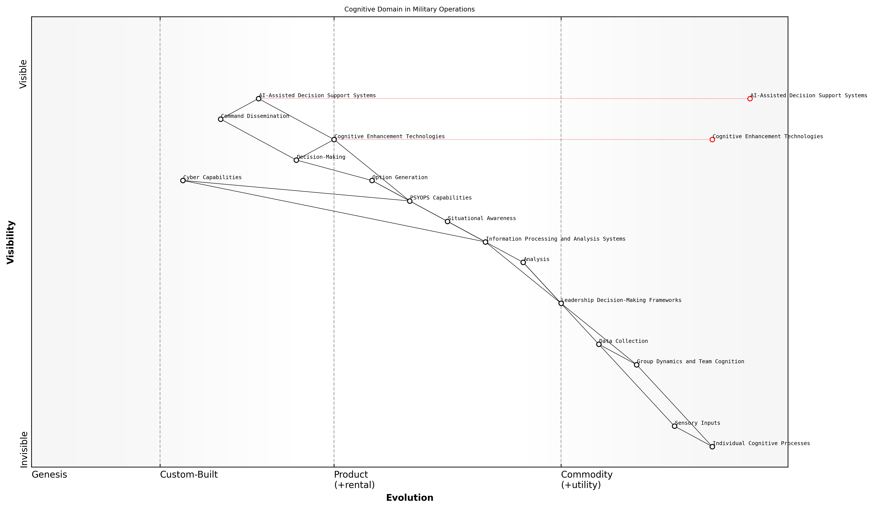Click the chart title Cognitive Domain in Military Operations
click(409, 9)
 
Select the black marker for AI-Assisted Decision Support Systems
click(258, 99)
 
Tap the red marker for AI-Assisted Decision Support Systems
click(750, 99)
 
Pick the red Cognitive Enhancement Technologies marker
click(712, 140)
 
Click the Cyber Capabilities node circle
click(183, 180)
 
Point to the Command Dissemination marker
click(221, 119)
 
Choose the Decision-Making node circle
click(296, 160)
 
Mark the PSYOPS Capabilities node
click(410, 201)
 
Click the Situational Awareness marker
click(447, 221)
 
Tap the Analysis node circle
click(523, 262)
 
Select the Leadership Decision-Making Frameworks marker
click(561, 303)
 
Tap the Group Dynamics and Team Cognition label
click(690, 362)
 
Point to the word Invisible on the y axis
click(24, 449)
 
